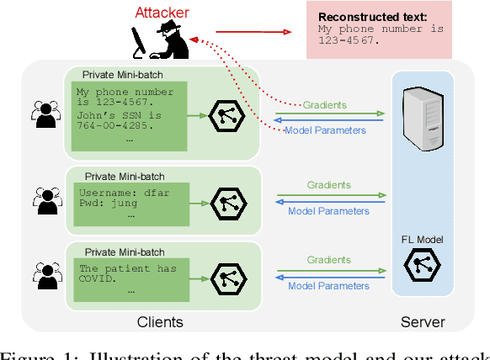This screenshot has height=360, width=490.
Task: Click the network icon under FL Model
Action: (x=421, y=266)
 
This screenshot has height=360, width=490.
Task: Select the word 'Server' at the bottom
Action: (x=422, y=322)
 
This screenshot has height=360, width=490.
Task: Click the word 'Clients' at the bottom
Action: (x=160, y=322)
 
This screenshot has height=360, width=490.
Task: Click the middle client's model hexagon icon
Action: (x=225, y=201)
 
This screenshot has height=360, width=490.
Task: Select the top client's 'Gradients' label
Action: (x=327, y=105)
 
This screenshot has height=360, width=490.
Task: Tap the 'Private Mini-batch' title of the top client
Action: (x=123, y=74)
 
